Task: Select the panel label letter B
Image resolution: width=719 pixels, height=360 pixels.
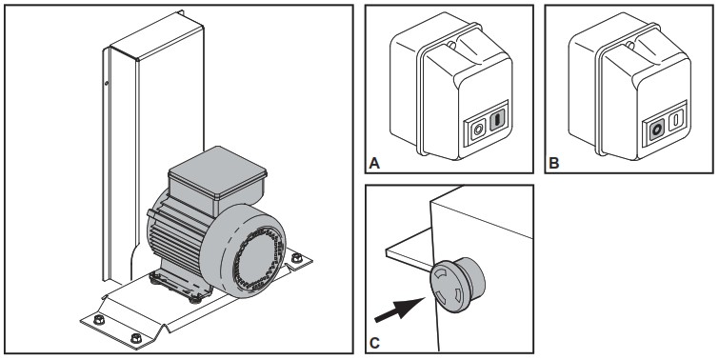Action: click(553, 163)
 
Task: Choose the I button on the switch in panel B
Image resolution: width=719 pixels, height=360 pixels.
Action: click(675, 121)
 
